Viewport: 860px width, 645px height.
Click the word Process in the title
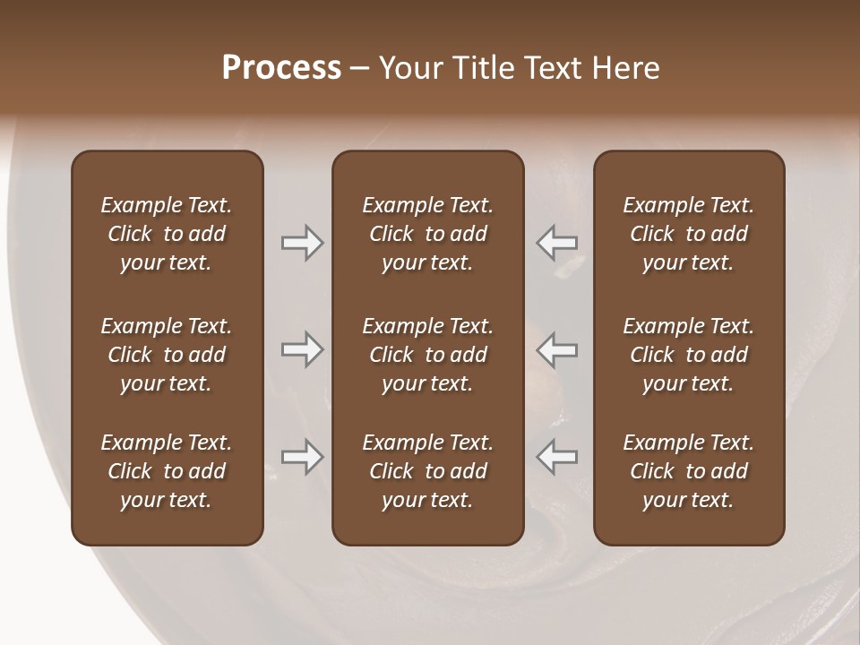(281, 68)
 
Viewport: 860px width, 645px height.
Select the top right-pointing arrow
(302, 243)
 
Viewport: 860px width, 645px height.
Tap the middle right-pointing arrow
(302, 349)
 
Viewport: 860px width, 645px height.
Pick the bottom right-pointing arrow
(302, 457)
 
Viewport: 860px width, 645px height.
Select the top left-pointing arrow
(556, 243)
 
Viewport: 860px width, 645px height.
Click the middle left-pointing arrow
(556, 349)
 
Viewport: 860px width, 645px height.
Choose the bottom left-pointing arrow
(556, 457)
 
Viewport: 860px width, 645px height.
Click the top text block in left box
(167, 234)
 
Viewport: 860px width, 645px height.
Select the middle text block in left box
(167, 355)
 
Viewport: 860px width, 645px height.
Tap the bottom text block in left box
(167, 471)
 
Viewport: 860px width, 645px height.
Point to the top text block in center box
(428, 234)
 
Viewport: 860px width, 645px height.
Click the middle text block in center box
(428, 355)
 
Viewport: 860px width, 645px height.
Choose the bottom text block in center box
(428, 471)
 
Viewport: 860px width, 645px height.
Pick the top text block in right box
(689, 234)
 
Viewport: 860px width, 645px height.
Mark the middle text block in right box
(689, 355)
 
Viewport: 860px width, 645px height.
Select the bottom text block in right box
(689, 471)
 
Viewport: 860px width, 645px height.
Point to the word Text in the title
(555, 68)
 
